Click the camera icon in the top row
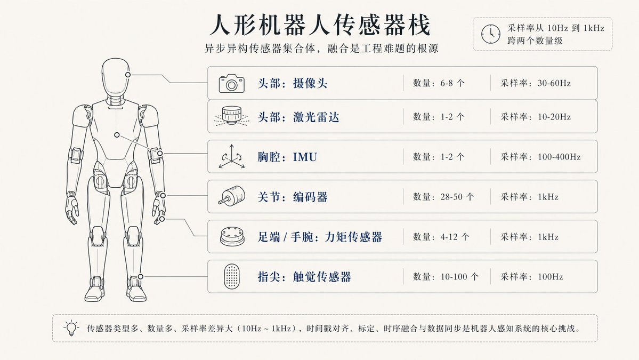click(x=231, y=84)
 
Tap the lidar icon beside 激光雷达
click(x=231, y=116)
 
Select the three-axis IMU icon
click(x=231, y=157)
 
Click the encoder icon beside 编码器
click(x=231, y=196)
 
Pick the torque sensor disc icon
click(x=232, y=236)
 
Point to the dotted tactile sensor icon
click(x=231, y=276)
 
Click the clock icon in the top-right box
click(x=491, y=34)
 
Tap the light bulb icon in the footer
click(x=71, y=328)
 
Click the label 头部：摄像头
click(x=292, y=84)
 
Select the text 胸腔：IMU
click(x=287, y=157)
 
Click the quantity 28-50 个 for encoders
click(x=457, y=197)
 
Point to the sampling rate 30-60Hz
click(x=554, y=83)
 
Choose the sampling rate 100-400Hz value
click(x=559, y=157)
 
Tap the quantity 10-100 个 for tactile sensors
click(x=460, y=277)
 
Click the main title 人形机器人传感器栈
click(x=320, y=25)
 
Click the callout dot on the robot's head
click(x=128, y=75)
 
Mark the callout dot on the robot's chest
click(x=117, y=134)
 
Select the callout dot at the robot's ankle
click(x=141, y=276)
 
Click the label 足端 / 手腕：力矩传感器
click(x=320, y=237)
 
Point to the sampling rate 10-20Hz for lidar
click(x=554, y=117)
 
